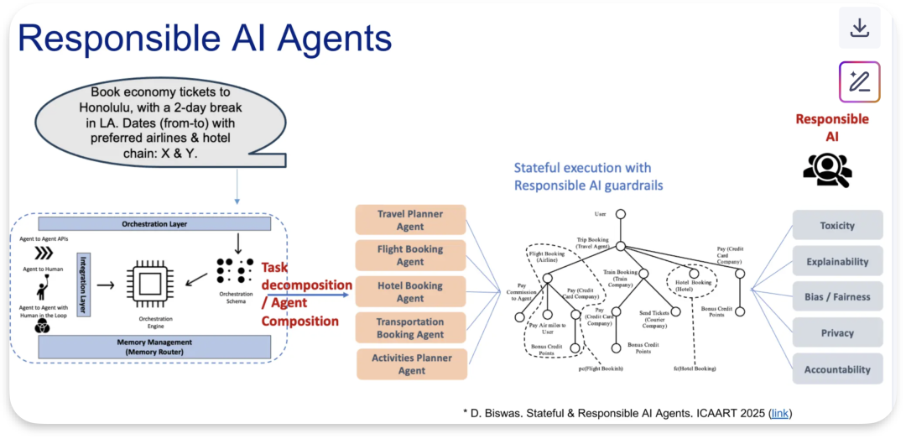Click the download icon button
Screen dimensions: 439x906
coord(859,29)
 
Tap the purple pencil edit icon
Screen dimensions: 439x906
coord(859,82)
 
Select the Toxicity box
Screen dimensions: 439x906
coord(837,226)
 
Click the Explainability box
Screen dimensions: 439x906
coord(837,262)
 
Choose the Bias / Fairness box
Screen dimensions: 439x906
coord(837,297)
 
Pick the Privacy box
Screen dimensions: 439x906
coord(837,333)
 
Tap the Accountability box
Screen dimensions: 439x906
coord(837,369)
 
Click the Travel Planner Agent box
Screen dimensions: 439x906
coord(410,220)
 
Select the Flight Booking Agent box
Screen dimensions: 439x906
coord(410,255)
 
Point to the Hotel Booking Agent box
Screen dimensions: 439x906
coord(410,291)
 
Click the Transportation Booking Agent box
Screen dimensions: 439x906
coord(410,327)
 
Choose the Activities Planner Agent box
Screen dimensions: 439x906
coord(411,363)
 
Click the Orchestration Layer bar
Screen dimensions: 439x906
coord(154,224)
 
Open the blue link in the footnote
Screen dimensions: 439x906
coord(779,413)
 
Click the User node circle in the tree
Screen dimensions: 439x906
coord(621,213)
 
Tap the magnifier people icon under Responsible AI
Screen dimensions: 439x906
coord(827,170)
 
